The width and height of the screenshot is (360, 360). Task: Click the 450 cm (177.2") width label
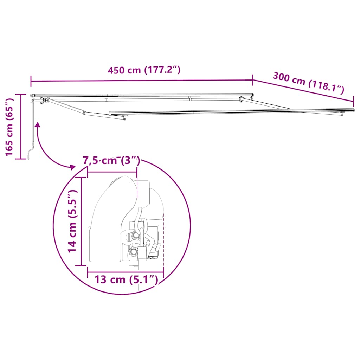tap(144, 70)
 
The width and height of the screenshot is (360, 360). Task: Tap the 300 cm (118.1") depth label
tap(309, 82)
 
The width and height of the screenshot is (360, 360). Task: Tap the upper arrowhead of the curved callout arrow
tap(37, 124)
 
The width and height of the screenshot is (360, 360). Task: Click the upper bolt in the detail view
tap(135, 235)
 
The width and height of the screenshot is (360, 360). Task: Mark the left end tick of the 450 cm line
tap(31, 81)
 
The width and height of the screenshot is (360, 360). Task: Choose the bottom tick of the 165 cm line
tap(21, 159)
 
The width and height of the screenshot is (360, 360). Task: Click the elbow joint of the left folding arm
tap(84, 113)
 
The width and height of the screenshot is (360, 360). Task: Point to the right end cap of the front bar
tap(353, 110)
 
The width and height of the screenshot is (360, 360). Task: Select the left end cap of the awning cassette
tap(32, 96)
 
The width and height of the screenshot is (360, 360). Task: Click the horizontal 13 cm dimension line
tap(126, 272)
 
